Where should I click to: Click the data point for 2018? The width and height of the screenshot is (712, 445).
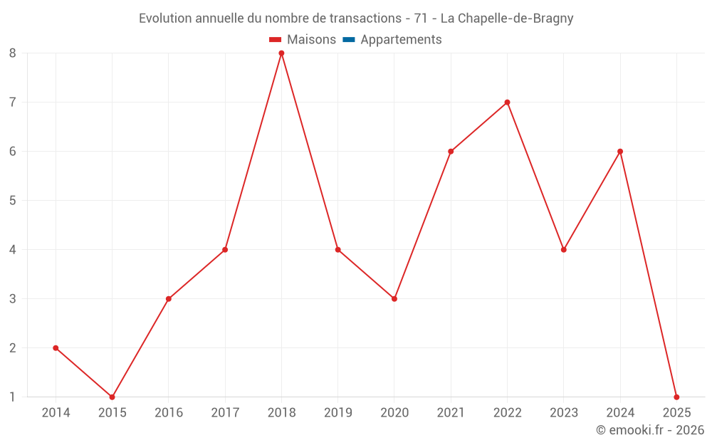pyautogui.click(x=281, y=53)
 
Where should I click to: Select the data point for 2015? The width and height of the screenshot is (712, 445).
pyautogui.click(x=112, y=397)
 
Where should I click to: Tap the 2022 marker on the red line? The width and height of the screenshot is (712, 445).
pyautogui.click(x=507, y=103)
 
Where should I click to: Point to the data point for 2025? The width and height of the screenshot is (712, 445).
pyautogui.click(x=676, y=397)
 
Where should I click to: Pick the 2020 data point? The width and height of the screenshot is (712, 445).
pyautogui.click(x=394, y=299)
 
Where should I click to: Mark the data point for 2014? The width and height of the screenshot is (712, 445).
pyautogui.click(x=56, y=348)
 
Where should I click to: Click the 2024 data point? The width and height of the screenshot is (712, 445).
pyautogui.click(x=620, y=152)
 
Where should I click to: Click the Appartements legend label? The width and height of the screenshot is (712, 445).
pyautogui.click(x=401, y=40)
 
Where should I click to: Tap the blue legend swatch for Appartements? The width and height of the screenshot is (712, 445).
pyautogui.click(x=348, y=40)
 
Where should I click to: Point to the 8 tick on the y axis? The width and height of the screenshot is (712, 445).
pyautogui.click(x=13, y=53)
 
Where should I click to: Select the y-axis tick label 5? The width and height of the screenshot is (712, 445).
pyautogui.click(x=13, y=201)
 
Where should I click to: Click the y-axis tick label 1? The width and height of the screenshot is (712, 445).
pyautogui.click(x=13, y=397)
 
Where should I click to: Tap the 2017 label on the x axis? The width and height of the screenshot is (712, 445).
pyautogui.click(x=225, y=413)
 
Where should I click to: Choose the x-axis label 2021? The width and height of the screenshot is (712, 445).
pyautogui.click(x=451, y=413)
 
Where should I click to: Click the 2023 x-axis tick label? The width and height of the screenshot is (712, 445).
pyautogui.click(x=564, y=413)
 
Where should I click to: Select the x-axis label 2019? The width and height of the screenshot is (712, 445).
pyautogui.click(x=337, y=413)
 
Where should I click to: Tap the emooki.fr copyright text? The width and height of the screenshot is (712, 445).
pyautogui.click(x=650, y=430)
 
